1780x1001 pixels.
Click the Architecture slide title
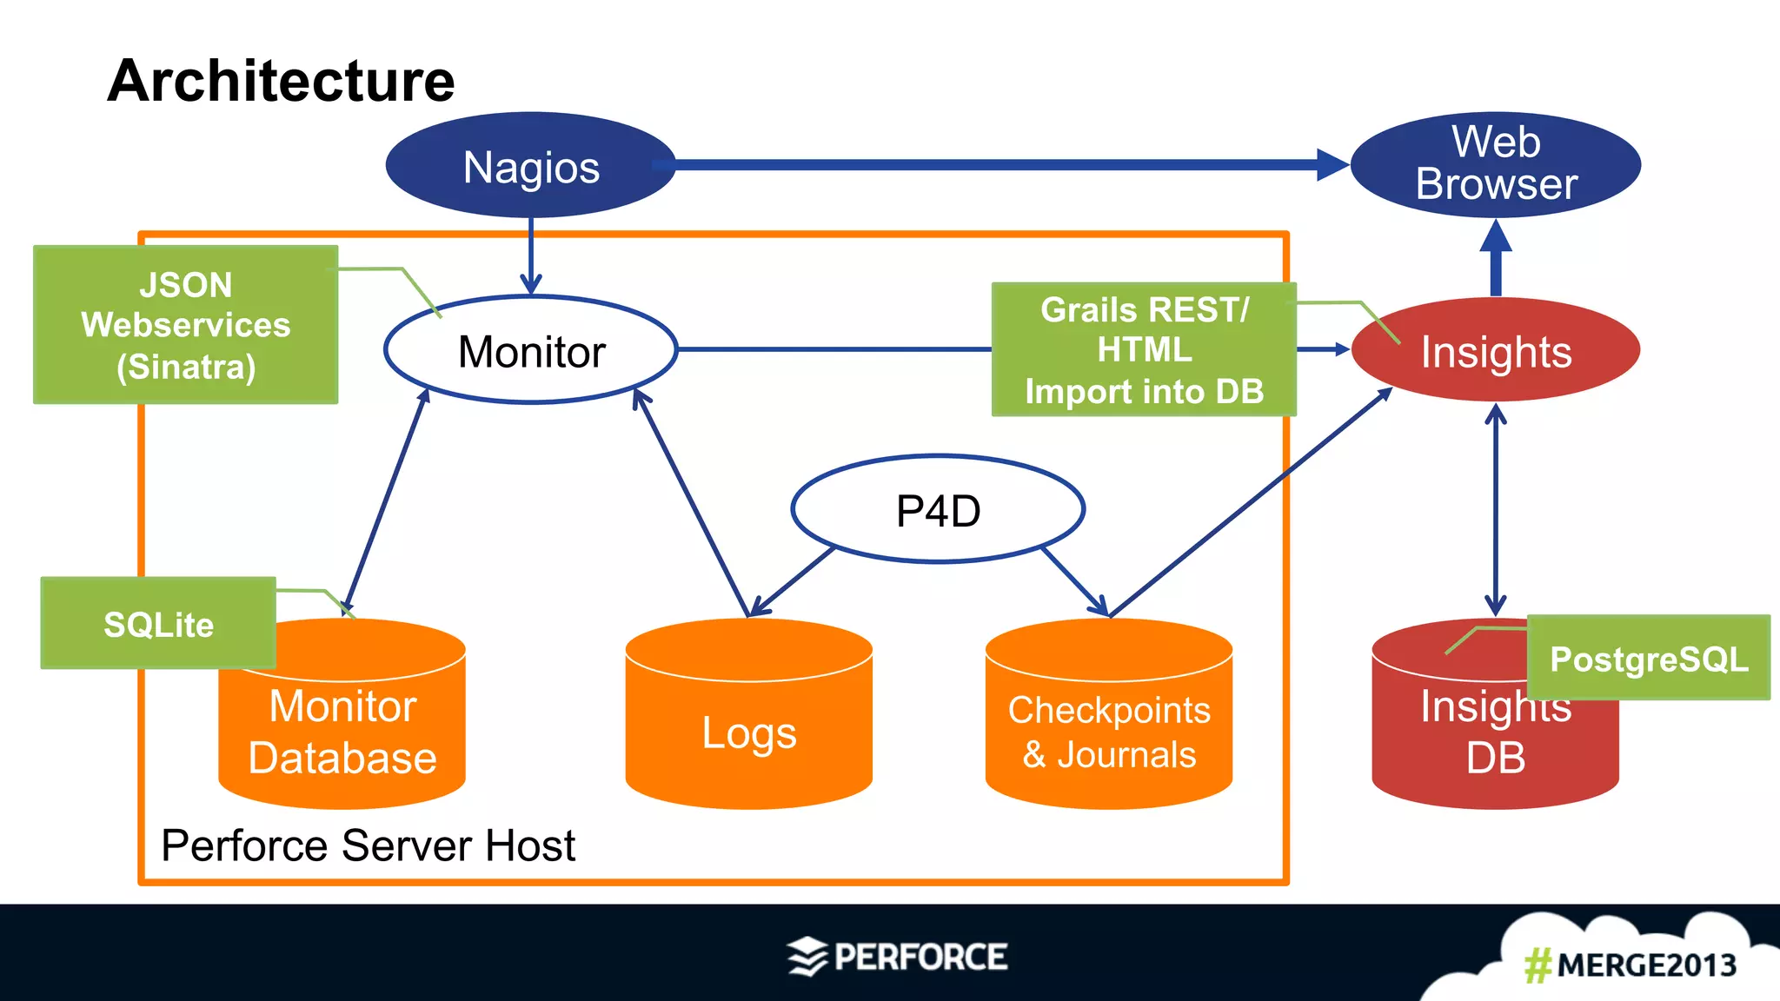click(x=281, y=81)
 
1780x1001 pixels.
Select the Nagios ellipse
click(x=530, y=166)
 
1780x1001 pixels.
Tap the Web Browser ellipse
click(x=1496, y=164)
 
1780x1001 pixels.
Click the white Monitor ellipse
click(x=531, y=351)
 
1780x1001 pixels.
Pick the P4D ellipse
click(x=938, y=510)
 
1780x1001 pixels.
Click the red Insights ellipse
click(x=1496, y=351)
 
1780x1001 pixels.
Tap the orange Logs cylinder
click(x=748, y=730)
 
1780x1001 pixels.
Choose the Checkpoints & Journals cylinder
click(x=1109, y=730)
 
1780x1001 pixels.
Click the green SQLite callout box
click(x=158, y=624)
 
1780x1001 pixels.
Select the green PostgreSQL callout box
click(x=1648, y=659)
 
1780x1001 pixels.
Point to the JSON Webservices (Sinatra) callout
click(x=185, y=325)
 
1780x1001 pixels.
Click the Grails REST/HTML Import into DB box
click(x=1144, y=349)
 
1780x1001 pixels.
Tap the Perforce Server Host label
click(x=368, y=845)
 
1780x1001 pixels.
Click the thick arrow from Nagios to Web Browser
click(x=1000, y=164)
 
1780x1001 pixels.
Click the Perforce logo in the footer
click(x=898, y=957)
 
